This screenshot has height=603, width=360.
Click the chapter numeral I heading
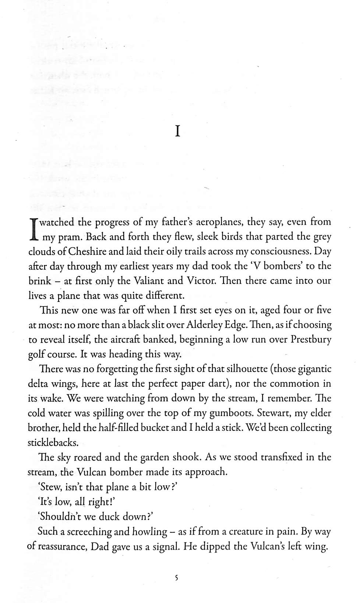coord(177,131)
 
